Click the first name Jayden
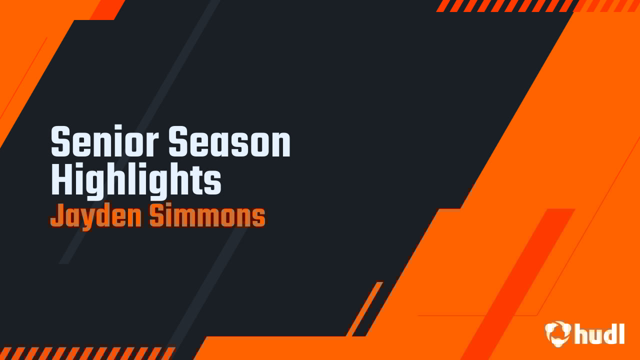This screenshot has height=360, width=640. (x=95, y=216)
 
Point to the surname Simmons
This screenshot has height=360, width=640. (x=207, y=216)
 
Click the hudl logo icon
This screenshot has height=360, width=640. (x=558, y=333)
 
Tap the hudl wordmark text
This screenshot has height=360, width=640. (x=599, y=333)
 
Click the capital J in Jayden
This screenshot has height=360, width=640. (x=56, y=216)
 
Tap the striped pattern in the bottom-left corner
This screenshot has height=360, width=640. (x=85, y=353)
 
